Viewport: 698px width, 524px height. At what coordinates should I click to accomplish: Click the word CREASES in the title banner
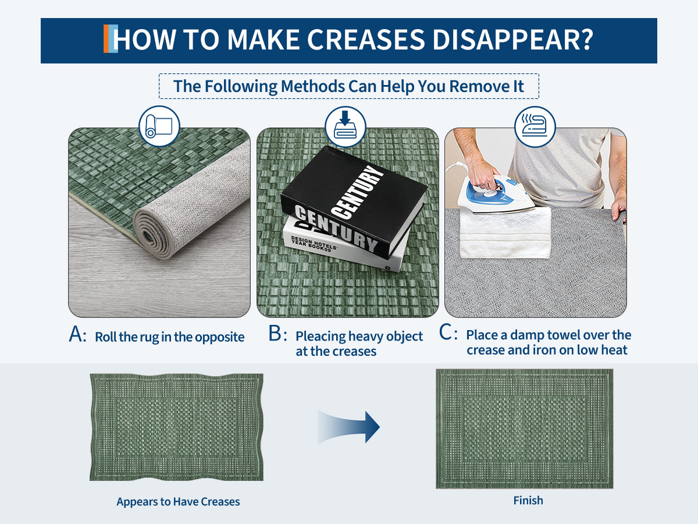point(366,40)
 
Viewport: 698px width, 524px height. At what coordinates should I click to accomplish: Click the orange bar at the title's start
point(106,38)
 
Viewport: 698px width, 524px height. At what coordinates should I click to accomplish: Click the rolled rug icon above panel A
point(159,126)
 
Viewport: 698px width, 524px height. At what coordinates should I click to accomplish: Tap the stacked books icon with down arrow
point(346,126)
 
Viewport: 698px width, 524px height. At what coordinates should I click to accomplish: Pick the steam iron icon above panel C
point(535,126)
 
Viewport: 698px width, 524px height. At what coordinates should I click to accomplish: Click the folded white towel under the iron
point(505,232)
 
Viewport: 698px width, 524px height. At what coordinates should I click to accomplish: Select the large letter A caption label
point(77,334)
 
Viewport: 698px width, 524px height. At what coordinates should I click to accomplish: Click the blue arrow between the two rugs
point(348,427)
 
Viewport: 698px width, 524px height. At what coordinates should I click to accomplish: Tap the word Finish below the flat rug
point(528,501)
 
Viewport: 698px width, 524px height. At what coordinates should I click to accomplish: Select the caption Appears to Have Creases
point(178,502)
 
